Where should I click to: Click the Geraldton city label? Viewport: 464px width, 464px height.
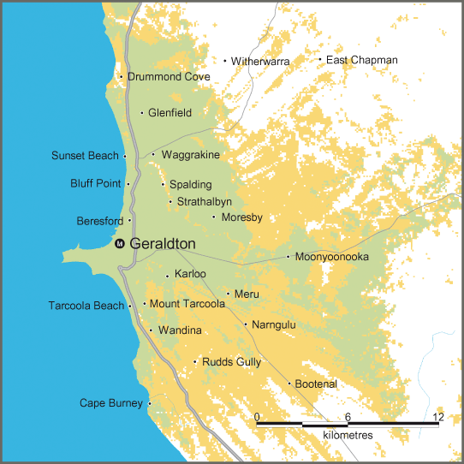[x=163, y=244]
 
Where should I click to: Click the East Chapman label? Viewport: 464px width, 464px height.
[x=362, y=60]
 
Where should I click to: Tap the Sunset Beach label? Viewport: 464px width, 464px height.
[x=85, y=156]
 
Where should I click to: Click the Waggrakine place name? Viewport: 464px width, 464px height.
[x=190, y=155]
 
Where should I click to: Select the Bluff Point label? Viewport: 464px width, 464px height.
[x=96, y=184]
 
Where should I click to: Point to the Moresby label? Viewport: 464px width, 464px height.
[x=241, y=217]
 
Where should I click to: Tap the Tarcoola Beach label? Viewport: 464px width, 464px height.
[x=86, y=306]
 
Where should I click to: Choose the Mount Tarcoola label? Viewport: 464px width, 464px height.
[x=188, y=304]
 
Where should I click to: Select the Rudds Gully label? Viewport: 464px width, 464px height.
[x=231, y=363]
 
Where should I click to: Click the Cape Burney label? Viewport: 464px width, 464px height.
[x=111, y=403]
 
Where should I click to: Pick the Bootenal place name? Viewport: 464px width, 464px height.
[x=316, y=384]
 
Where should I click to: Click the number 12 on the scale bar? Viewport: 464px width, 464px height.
[x=438, y=417]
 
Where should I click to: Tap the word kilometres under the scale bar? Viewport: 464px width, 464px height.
[x=348, y=436]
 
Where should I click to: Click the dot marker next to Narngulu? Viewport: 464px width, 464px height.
[x=245, y=324]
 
